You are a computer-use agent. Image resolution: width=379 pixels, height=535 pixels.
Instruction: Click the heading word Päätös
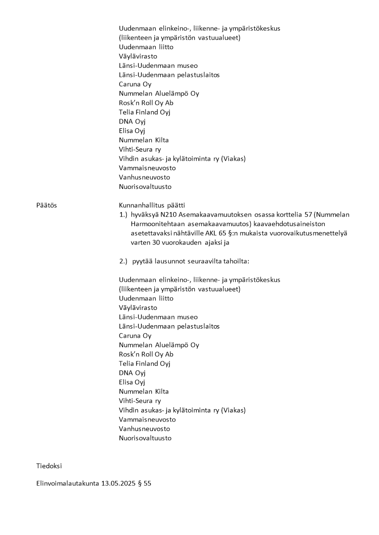46,205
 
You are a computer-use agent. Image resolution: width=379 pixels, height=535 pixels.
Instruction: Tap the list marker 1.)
124,215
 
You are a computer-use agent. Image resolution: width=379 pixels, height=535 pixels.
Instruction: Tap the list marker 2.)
124,261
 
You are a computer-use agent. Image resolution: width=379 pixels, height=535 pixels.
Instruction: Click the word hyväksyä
145,215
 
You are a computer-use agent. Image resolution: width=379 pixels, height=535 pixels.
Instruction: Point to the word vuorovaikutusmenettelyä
310,233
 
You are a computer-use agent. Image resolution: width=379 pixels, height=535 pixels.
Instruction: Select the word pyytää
143,261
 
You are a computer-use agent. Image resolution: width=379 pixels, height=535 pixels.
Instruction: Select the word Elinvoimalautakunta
67,484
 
